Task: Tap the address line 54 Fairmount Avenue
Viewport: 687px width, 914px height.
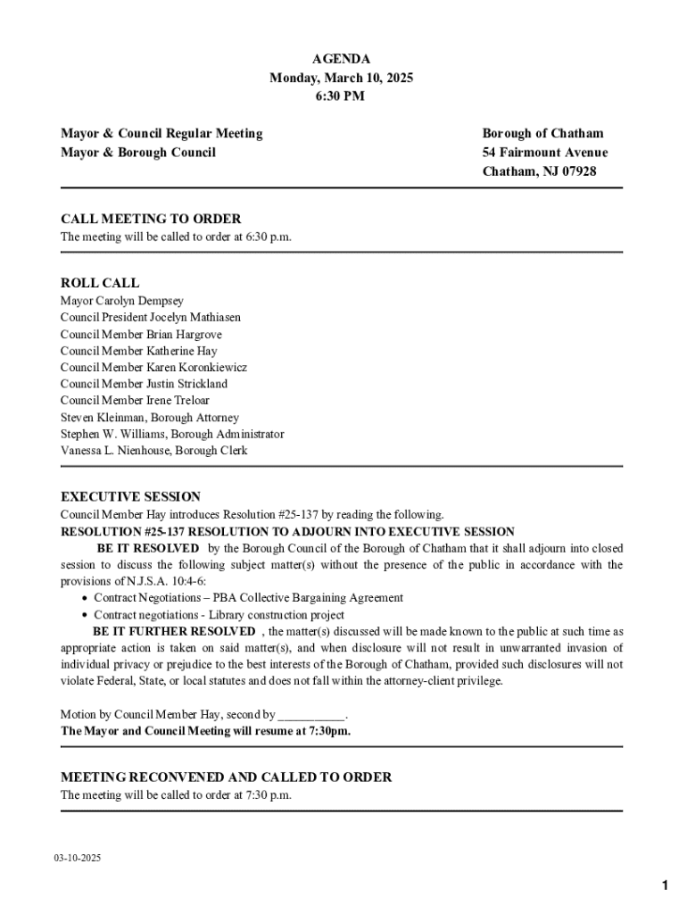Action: [544, 153]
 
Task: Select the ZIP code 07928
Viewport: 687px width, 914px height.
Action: [576, 171]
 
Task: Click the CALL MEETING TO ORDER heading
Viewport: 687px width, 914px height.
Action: [151, 219]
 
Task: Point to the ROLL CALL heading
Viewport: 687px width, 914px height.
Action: [100, 283]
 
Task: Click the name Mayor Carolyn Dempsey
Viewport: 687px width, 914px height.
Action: [122, 301]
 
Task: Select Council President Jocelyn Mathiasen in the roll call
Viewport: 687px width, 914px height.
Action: [151, 318]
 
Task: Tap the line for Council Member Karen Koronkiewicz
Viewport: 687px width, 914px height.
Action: [153, 368]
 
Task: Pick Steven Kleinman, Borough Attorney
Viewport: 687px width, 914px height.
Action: [150, 418]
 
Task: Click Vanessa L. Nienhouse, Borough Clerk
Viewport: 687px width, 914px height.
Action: [154, 451]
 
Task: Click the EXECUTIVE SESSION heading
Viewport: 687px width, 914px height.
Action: [130, 497]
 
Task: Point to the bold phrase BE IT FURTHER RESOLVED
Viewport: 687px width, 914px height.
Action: [173, 632]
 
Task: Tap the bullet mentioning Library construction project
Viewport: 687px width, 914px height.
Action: [219, 615]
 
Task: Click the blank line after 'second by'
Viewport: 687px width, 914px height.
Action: [310, 715]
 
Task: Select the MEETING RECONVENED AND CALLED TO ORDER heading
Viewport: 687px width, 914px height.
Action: [226, 777]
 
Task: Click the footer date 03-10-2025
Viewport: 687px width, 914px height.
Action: [77, 859]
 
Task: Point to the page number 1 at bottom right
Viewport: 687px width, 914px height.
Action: [665, 885]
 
